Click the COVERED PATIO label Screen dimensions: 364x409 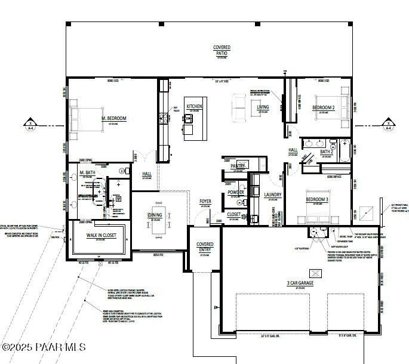222,50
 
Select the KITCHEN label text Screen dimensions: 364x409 194,107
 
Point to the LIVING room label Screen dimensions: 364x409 263,107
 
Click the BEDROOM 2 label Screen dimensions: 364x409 324,108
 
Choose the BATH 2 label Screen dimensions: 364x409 326,152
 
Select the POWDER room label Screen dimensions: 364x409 236,192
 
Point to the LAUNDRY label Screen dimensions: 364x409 273,195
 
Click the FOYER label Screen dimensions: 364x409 205,201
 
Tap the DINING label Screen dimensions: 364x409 155,215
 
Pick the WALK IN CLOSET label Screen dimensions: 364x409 102,236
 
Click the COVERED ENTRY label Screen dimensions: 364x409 205,247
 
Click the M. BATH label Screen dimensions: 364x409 88,173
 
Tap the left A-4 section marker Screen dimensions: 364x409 30,125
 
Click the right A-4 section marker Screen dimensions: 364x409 388,125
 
